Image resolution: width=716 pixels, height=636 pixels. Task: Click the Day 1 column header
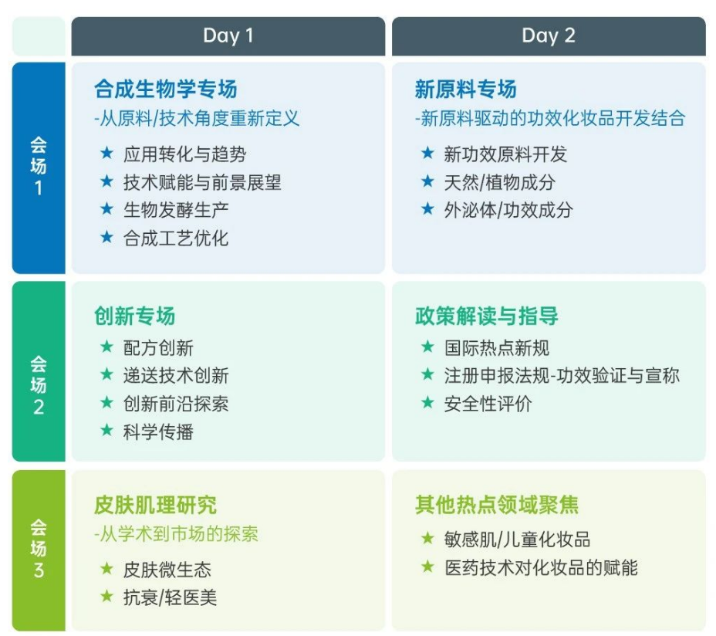click(228, 36)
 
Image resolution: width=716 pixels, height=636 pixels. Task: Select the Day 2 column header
click(549, 36)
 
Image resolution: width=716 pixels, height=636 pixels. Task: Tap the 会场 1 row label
click(39, 167)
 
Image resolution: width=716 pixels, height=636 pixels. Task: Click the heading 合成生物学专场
click(166, 89)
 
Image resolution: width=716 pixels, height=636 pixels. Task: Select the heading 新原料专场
click(466, 89)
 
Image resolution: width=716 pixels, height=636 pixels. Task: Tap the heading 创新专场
click(135, 316)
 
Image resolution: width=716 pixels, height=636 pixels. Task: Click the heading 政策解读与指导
click(487, 316)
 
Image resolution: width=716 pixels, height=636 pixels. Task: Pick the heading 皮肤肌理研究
click(155, 505)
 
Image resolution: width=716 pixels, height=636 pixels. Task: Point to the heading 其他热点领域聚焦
click(497, 505)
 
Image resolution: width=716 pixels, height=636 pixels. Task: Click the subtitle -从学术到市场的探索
click(176, 533)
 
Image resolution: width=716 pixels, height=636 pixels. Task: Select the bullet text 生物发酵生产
click(176, 210)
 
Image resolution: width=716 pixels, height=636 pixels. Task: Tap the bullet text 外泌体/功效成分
click(508, 210)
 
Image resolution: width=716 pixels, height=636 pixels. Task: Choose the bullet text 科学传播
click(158, 431)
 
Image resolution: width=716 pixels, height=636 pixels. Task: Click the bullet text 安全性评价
click(488, 404)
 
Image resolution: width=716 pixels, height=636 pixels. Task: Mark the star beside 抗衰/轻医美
click(106, 596)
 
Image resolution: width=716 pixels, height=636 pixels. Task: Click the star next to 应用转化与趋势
click(106, 153)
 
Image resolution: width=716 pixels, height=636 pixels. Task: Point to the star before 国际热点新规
click(428, 347)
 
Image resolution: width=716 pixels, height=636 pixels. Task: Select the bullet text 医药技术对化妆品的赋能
click(541, 568)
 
